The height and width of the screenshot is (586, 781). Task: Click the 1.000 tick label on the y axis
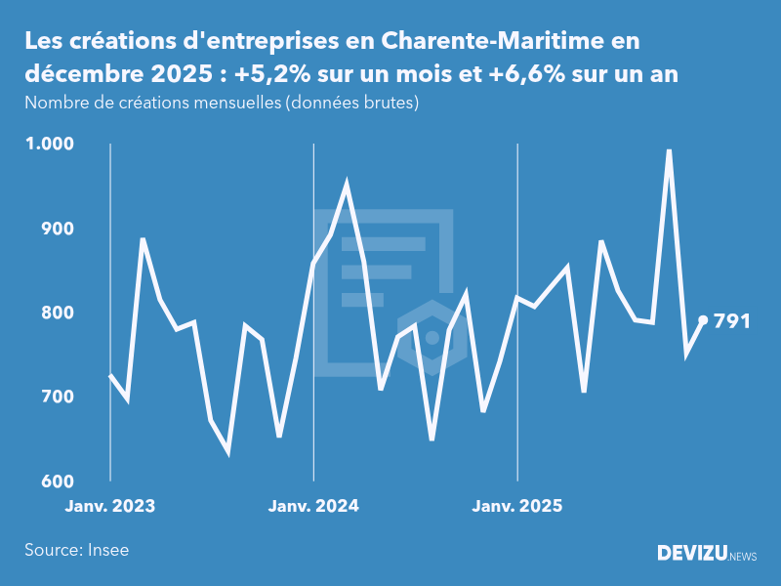(x=50, y=144)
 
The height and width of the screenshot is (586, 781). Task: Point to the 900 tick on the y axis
(x=57, y=229)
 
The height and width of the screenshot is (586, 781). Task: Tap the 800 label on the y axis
(x=57, y=313)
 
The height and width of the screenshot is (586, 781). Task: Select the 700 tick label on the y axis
(x=57, y=398)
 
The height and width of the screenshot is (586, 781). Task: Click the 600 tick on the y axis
(x=57, y=481)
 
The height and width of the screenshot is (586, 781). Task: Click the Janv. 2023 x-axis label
(x=110, y=506)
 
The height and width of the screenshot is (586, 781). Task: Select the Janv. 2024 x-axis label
(x=313, y=506)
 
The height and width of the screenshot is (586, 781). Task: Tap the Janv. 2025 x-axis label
(x=516, y=506)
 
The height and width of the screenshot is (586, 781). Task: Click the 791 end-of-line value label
(x=732, y=320)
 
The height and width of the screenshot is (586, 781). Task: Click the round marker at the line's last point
(x=703, y=320)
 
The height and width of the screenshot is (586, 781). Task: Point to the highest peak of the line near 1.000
(x=669, y=150)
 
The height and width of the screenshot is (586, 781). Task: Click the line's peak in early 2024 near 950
(x=347, y=184)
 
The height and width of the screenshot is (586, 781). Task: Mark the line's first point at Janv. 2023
(x=110, y=376)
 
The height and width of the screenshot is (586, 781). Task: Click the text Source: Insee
(x=76, y=550)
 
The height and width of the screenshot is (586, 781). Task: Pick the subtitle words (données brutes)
(x=351, y=103)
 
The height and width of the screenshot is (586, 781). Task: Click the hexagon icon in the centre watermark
(x=432, y=337)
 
